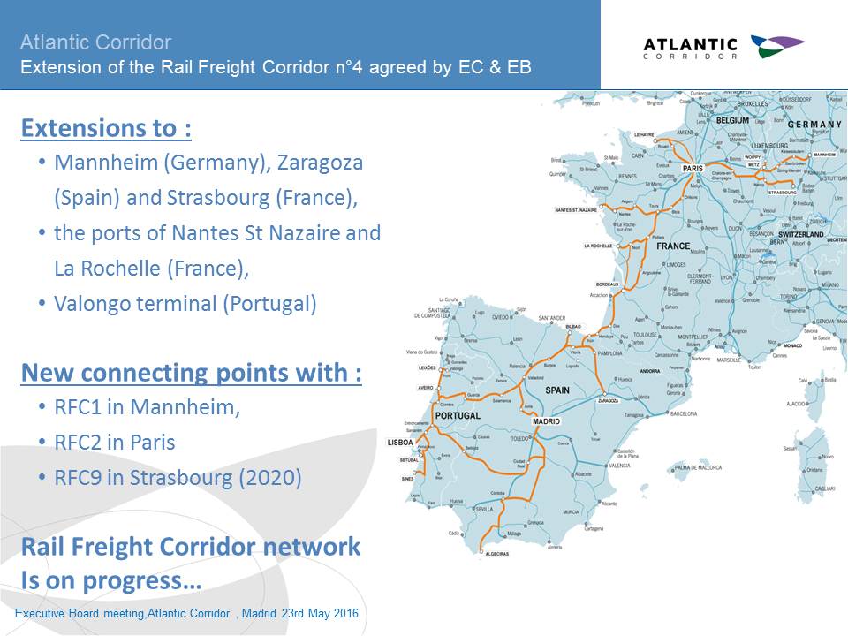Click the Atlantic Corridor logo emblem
(x=776, y=46)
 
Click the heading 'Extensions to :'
(x=106, y=129)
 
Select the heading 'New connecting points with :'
(x=191, y=373)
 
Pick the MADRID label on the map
(x=546, y=421)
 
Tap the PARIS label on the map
(x=692, y=168)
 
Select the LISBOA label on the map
(x=400, y=442)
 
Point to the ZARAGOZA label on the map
(x=608, y=400)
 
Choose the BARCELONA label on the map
(x=684, y=413)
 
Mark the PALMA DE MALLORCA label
(x=698, y=466)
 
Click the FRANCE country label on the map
(x=673, y=246)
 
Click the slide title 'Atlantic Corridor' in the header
(x=95, y=42)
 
